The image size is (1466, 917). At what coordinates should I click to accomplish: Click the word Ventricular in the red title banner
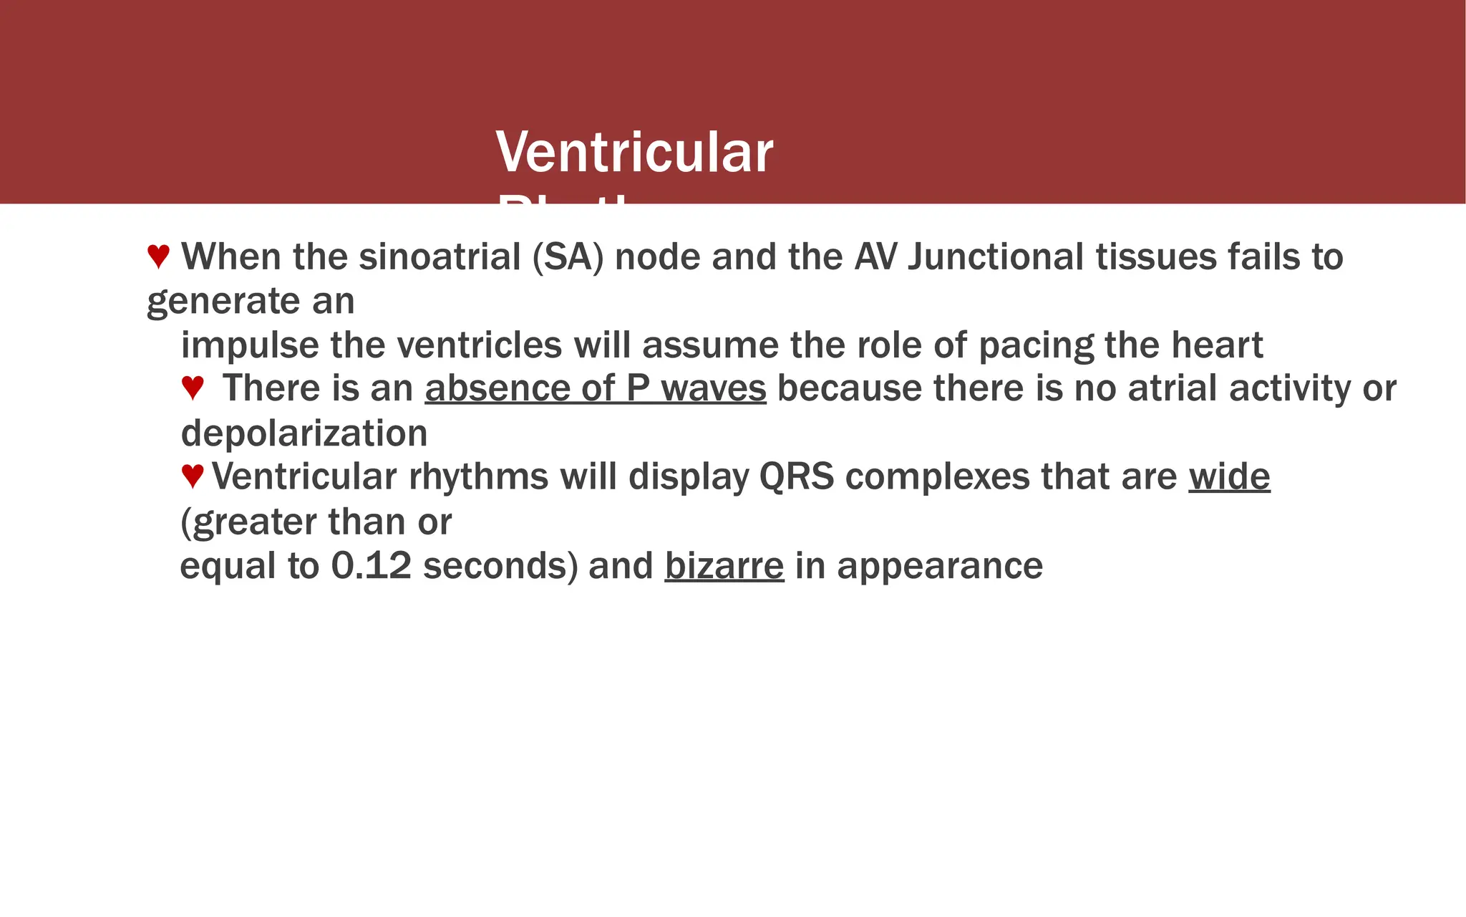point(634,153)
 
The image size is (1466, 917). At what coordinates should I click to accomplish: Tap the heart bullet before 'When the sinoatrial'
point(158,256)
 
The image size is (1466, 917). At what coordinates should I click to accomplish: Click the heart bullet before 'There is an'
point(193,388)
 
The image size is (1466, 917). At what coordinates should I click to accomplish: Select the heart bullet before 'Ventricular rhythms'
point(193,476)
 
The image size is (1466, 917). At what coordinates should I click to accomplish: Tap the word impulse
point(250,345)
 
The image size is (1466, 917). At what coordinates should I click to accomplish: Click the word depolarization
point(304,433)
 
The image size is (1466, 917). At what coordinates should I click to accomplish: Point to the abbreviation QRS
point(796,476)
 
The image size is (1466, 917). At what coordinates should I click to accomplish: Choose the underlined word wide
point(1229,476)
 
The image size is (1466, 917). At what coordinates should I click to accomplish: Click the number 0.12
point(372,565)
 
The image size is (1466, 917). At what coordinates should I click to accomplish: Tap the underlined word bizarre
point(724,565)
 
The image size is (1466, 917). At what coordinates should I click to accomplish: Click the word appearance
point(940,565)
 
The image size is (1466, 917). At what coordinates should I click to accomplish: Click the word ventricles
point(479,345)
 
